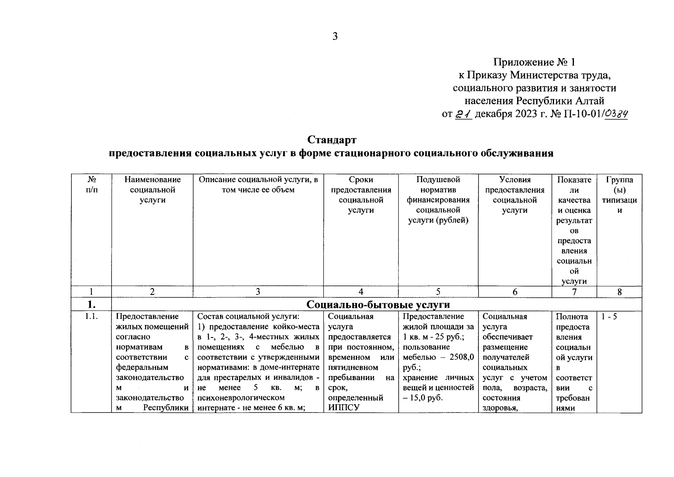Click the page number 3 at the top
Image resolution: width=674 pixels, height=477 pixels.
[335, 37]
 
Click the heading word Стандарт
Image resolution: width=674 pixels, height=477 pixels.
[332, 140]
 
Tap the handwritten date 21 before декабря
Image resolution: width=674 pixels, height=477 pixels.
[463, 114]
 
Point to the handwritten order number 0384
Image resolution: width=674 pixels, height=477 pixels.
[616, 114]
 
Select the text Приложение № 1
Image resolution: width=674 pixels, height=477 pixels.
[534, 62]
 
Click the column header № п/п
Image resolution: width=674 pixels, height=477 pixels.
[91, 185]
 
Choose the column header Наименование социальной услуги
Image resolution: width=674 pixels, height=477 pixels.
[153, 190]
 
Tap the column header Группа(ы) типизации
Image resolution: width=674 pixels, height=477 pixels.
[619, 195]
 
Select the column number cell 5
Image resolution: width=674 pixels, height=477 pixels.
[438, 292]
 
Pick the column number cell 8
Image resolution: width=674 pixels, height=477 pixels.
[619, 292]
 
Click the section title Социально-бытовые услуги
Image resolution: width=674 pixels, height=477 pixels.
[378, 304]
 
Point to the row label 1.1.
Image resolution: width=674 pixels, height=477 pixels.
[91, 317]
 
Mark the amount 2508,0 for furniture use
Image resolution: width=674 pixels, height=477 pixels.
[461, 357]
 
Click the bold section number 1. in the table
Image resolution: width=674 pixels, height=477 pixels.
[91, 305]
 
